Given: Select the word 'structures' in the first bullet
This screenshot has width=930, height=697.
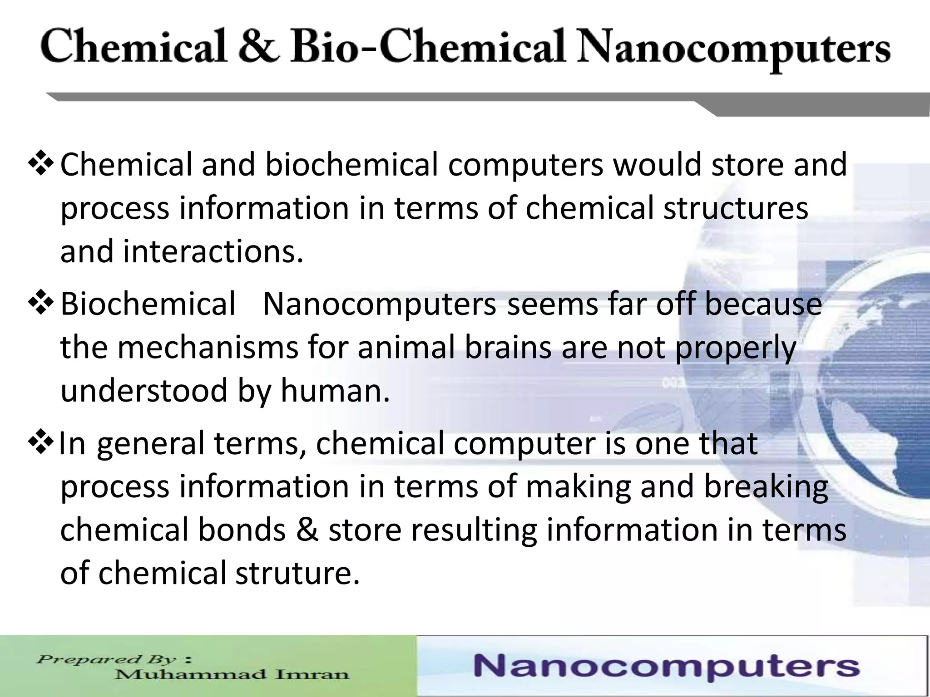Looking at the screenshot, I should [736, 208].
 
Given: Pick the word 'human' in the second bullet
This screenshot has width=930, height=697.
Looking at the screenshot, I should [335, 391].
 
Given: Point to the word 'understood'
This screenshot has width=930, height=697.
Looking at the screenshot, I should [144, 391].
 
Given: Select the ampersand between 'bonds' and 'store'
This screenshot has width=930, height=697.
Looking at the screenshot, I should [307, 530].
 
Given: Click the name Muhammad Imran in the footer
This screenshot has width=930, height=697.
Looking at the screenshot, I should [232, 674].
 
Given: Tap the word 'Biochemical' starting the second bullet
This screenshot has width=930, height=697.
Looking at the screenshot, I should [148, 304].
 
